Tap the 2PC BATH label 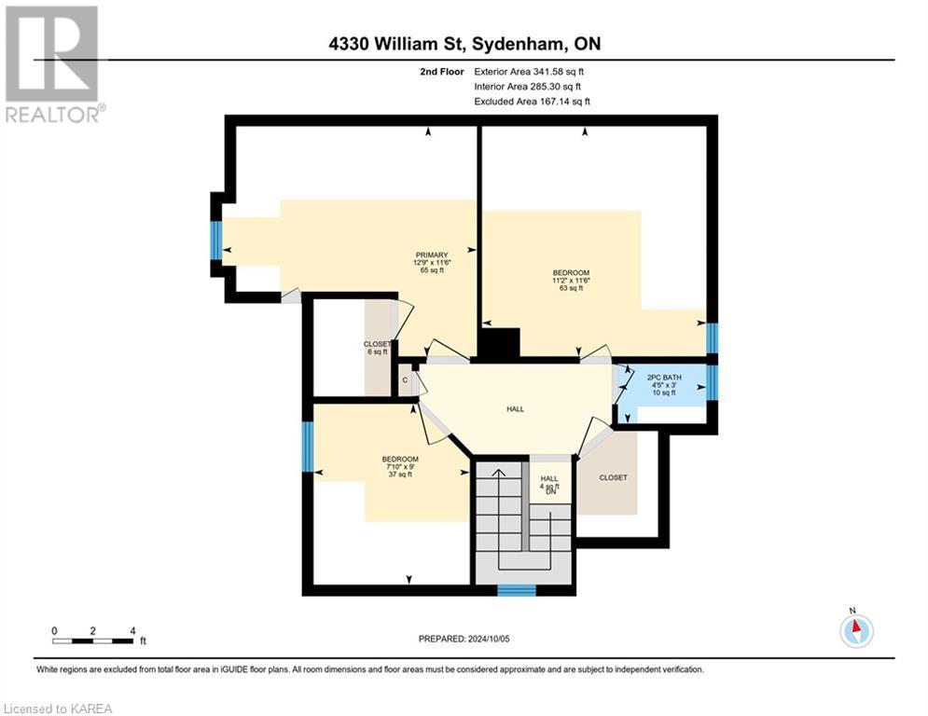664,385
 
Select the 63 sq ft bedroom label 571,281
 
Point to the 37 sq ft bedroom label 399,466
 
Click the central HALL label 514,407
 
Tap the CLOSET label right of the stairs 613,477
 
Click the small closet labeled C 405,380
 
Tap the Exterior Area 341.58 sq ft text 530,71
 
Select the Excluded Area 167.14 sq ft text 532,102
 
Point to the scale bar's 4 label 133,630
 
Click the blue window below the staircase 516,590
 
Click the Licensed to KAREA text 57,709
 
